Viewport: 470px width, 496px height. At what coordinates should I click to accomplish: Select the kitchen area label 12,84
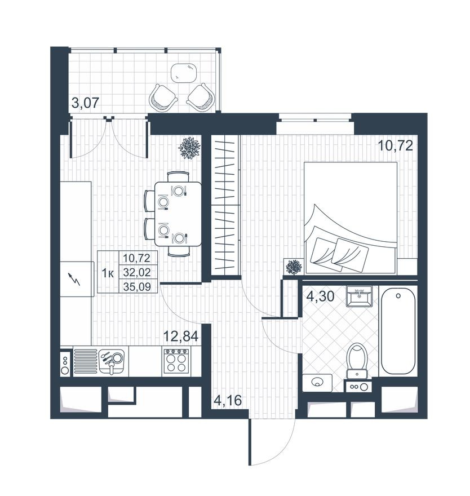tap(181, 337)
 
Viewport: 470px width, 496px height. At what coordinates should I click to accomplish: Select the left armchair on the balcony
tap(163, 98)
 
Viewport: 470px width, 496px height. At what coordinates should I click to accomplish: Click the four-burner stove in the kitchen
tap(178, 360)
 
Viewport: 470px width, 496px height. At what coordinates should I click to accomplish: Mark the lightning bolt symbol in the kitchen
tap(74, 278)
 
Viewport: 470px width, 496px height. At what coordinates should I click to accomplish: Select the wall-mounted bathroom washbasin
tap(358, 296)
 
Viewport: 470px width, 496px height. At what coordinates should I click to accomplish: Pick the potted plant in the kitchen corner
tap(189, 147)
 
